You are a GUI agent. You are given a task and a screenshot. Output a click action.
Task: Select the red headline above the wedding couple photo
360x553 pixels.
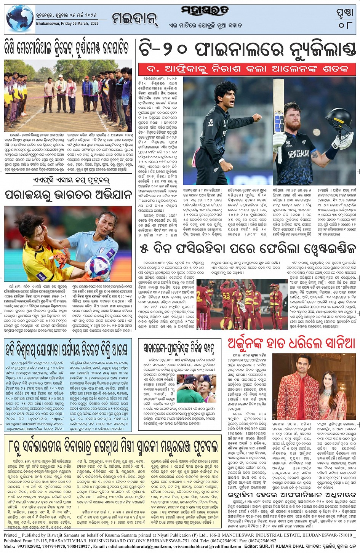click(x=291, y=344)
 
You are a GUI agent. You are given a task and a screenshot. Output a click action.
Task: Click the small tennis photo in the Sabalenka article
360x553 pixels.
click(x=196, y=388)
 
